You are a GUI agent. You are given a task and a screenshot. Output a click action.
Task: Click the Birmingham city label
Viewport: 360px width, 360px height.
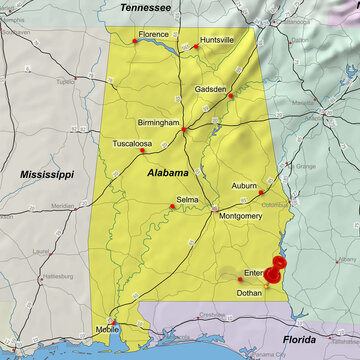point(159,122)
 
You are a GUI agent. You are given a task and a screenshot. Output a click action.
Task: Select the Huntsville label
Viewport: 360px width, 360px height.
point(217,39)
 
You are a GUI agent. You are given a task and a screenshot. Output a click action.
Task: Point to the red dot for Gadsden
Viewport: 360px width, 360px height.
point(231,96)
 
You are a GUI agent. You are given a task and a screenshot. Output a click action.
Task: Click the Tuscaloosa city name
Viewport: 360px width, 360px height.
point(132,144)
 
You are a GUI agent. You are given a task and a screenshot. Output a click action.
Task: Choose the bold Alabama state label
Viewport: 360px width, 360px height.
point(167,173)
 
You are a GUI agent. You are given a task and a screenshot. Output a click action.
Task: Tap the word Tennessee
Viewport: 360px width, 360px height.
point(146,7)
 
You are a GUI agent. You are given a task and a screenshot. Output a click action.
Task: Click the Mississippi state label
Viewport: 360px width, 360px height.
point(47,174)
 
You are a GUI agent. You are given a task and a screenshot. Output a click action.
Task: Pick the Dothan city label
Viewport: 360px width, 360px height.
point(250,293)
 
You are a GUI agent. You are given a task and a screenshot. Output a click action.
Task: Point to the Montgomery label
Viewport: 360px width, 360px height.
point(240,216)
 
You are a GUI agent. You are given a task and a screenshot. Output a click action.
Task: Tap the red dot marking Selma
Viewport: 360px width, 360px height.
point(172,207)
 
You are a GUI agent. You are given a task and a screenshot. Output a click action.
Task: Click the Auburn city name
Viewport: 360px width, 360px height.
point(244,186)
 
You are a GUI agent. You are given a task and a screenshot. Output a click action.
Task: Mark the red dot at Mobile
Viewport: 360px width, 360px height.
point(113,322)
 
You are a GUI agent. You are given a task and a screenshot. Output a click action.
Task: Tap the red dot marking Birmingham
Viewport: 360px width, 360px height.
point(184,129)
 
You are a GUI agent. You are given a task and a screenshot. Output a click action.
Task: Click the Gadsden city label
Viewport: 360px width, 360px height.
point(210,89)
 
